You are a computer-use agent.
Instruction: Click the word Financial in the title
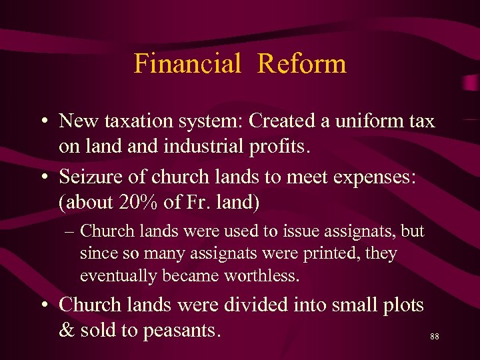187,63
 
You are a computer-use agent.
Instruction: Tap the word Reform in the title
301,63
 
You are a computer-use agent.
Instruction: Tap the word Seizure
87,177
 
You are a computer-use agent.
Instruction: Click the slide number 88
435,337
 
